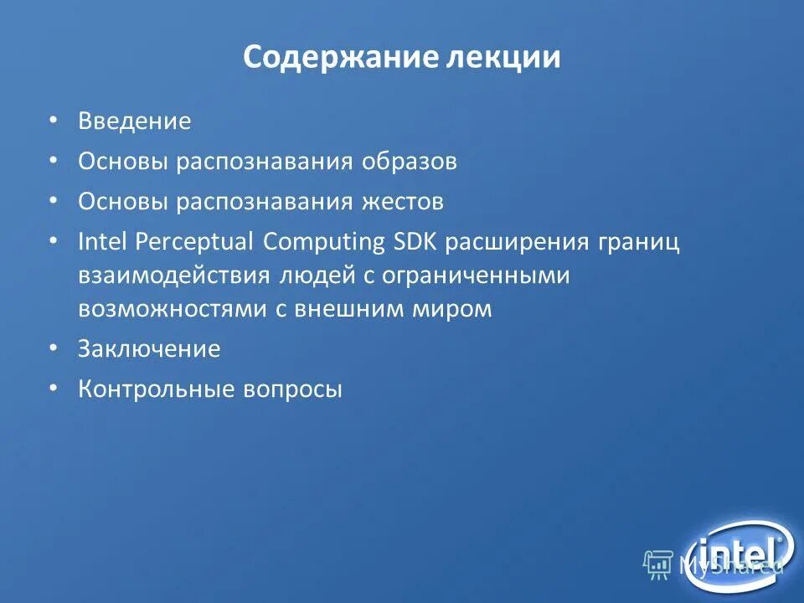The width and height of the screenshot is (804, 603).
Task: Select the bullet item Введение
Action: pos(135,121)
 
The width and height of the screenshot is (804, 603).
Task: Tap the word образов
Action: pos(410,162)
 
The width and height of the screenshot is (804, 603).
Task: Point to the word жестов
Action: pos(402,202)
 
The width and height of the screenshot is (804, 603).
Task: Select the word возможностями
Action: pos(173,309)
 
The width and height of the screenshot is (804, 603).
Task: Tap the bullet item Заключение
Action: pos(149,349)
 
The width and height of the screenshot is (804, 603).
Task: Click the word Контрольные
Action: pos(155,389)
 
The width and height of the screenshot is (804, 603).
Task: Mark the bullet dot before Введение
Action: pos(54,121)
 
